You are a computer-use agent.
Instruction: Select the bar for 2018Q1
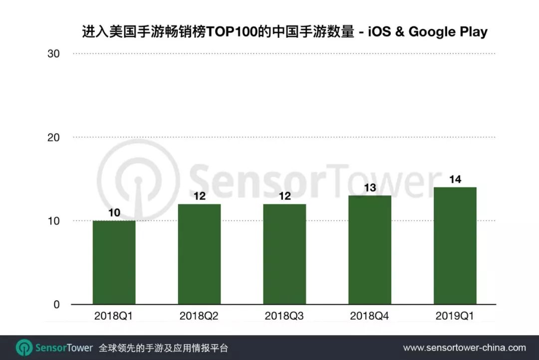(x=114, y=262)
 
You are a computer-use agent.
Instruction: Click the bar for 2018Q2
(x=199, y=254)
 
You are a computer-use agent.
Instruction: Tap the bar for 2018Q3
(x=284, y=254)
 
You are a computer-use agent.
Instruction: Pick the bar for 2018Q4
(x=370, y=250)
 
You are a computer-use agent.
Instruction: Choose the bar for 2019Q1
(x=455, y=246)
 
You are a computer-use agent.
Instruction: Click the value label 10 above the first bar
(x=114, y=213)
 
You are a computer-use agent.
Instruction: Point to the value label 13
(x=370, y=188)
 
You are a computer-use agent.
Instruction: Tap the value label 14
(x=455, y=180)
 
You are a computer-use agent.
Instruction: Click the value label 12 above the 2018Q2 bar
(x=199, y=196)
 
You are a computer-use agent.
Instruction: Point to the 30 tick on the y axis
(x=53, y=54)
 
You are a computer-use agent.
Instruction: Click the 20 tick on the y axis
(x=53, y=137)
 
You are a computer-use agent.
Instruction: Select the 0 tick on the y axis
(x=57, y=305)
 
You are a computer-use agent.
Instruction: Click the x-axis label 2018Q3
(x=284, y=316)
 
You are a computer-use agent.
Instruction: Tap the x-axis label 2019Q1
(x=455, y=316)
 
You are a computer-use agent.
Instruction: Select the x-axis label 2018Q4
(x=370, y=316)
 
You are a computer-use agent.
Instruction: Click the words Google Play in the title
(x=448, y=32)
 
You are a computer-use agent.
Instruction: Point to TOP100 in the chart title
(x=231, y=32)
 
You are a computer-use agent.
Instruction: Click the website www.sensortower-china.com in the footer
(x=464, y=348)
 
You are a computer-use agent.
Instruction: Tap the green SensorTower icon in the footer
(x=24, y=348)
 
